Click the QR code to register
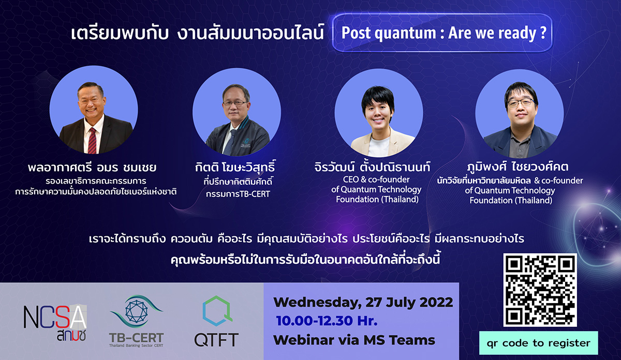[540, 290]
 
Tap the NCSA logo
[55, 323]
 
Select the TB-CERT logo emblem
[137, 311]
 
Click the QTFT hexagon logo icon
[217, 311]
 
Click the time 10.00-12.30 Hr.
[327, 321]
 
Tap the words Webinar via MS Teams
[354, 340]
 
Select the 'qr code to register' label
[538, 343]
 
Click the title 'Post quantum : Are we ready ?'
[444, 33]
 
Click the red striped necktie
[92, 141]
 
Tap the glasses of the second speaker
[235, 103]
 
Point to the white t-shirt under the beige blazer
[379, 146]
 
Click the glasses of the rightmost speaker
[521, 103]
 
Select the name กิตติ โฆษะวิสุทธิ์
[235, 167]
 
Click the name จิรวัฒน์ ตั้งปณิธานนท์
[372, 167]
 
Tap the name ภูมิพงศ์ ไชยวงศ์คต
[518, 167]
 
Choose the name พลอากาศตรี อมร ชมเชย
[92, 168]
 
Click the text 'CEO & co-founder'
[376, 179]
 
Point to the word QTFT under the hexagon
[216, 340]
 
